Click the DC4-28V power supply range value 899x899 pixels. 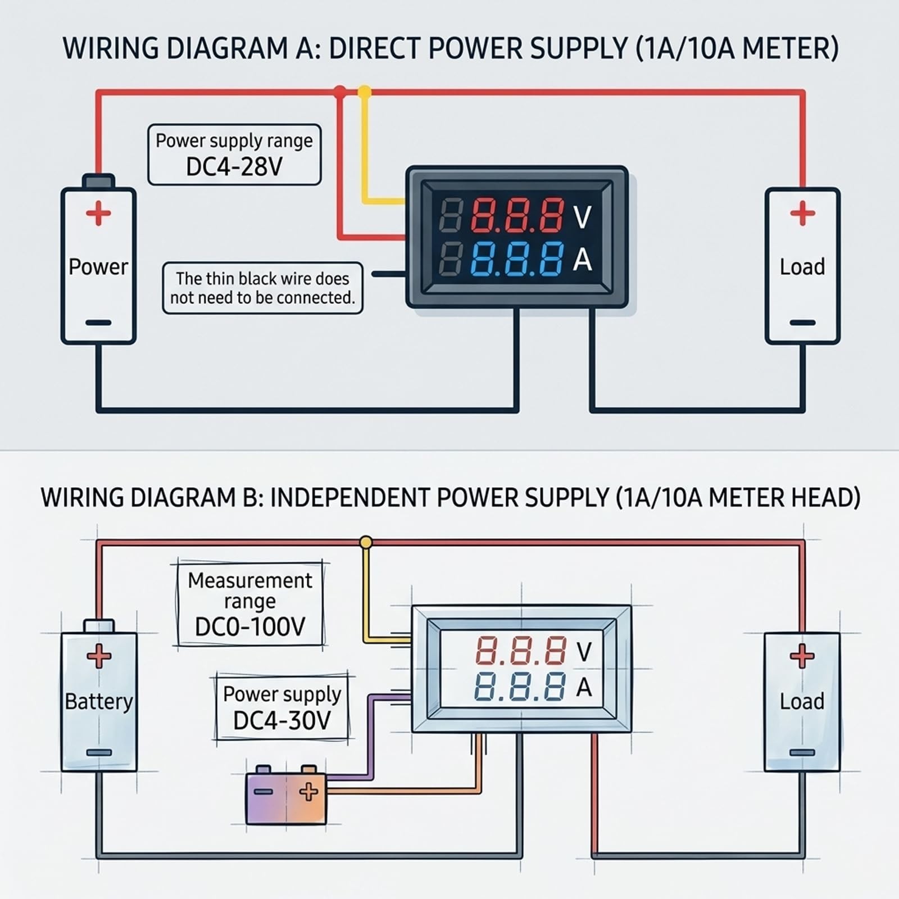234,166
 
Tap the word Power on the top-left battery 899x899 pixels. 98,266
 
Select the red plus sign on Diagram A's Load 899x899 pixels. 802,213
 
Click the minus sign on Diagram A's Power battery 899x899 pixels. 98,323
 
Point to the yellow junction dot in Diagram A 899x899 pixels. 365,91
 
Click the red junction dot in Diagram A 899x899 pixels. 339,91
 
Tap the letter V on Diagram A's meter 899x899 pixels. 582,217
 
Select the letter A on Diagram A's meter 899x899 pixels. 583,260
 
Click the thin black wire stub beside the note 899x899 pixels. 389,274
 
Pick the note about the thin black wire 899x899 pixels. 263,288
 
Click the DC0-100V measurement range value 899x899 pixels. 250,626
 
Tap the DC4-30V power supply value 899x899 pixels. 282,720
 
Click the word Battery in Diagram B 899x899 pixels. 99,701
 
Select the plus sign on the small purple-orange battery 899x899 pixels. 308,792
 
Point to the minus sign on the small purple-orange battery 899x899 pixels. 264,792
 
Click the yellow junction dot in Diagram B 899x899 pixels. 366,542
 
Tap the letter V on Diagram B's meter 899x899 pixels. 584,652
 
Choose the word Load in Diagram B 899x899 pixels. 802,701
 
